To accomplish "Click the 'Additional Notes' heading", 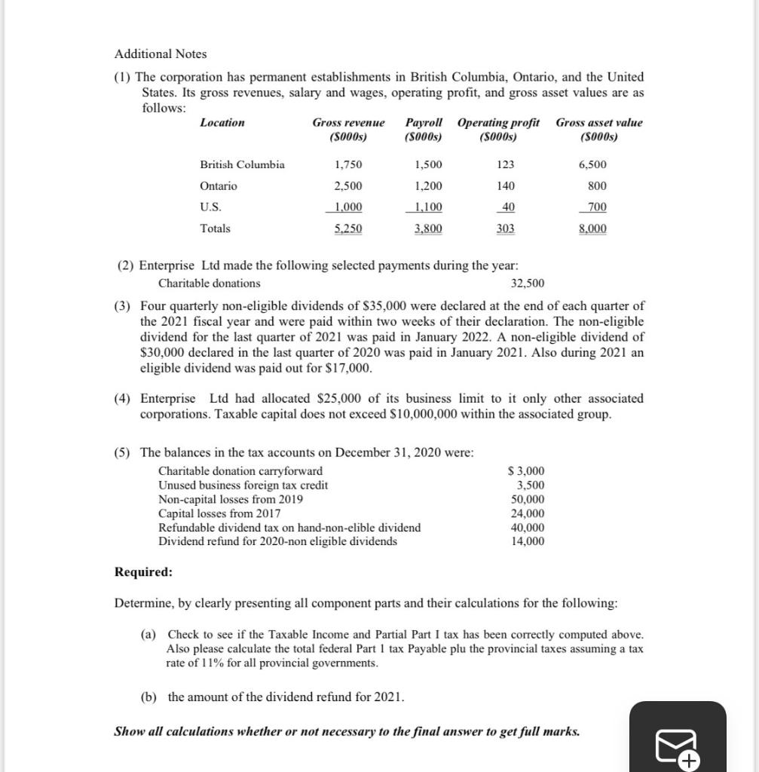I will pyautogui.click(x=161, y=54).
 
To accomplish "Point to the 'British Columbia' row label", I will pyautogui.click(x=242, y=165).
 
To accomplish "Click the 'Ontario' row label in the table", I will pyautogui.click(x=219, y=186).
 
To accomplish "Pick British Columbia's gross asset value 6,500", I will pyautogui.click(x=592, y=165).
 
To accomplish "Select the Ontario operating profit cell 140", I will pyautogui.click(x=506, y=186).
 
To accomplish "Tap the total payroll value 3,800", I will pyautogui.click(x=428, y=229).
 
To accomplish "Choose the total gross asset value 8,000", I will pyautogui.click(x=592, y=229).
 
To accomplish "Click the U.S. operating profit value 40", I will pyautogui.click(x=508, y=207).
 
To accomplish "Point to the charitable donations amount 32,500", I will pyautogui.click(x=527, y=283).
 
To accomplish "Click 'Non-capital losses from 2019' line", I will pyautogui.click(x=231, y=500).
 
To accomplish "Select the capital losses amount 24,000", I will pyautogui.click(x=528, y=514).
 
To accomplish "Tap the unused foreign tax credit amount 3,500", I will pyautogui.click(x=530, y=486).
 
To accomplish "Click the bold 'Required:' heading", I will pyautogui.click(x=143, y=572).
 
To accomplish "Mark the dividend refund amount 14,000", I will pyautogui.click(x=528, y=541).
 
